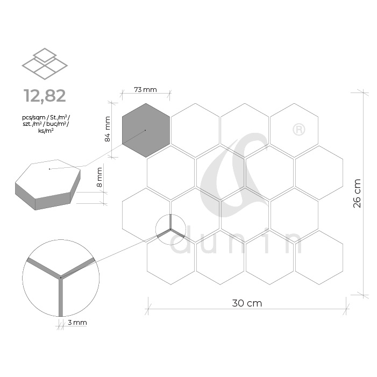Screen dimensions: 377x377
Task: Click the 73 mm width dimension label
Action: point(145,90)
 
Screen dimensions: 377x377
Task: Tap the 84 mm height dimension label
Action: point(108,129)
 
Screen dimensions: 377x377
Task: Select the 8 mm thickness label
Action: point(99,177)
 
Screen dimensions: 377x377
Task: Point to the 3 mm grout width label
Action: point(77,323)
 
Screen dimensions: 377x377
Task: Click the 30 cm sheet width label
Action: point(247,303)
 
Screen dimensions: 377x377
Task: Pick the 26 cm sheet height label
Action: point(357,193)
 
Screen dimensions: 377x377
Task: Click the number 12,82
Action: point(45,96)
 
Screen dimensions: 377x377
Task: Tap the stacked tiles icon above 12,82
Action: point(45,63)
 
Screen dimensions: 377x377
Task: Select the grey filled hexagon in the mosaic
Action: point(146,130)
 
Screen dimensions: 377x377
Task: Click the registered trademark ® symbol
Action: point(299,130)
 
